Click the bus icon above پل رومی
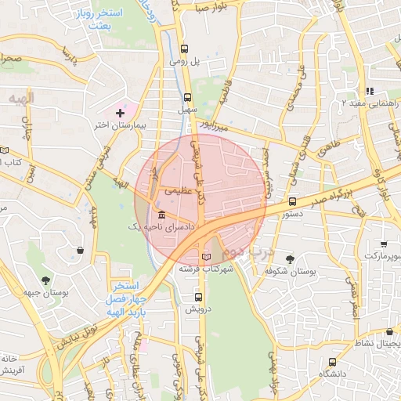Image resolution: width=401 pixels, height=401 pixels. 184,47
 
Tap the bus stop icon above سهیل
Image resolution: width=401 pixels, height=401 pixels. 187,98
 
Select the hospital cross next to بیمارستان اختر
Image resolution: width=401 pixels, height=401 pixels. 120,113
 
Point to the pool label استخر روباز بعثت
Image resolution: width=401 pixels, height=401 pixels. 100,20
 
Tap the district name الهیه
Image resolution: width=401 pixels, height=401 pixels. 21,98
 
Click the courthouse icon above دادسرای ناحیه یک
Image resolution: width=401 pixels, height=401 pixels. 161,215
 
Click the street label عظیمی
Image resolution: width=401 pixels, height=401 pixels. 176,190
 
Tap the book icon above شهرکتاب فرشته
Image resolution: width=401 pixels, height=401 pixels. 206,256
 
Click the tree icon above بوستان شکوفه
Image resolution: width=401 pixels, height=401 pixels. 291,258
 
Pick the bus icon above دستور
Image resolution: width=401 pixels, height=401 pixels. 292,200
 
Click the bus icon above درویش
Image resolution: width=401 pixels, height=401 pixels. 198,297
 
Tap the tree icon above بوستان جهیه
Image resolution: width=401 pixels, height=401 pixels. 45,280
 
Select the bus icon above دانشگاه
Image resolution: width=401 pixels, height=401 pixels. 333,362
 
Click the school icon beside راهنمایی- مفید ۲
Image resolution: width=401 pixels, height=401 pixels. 370,91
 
